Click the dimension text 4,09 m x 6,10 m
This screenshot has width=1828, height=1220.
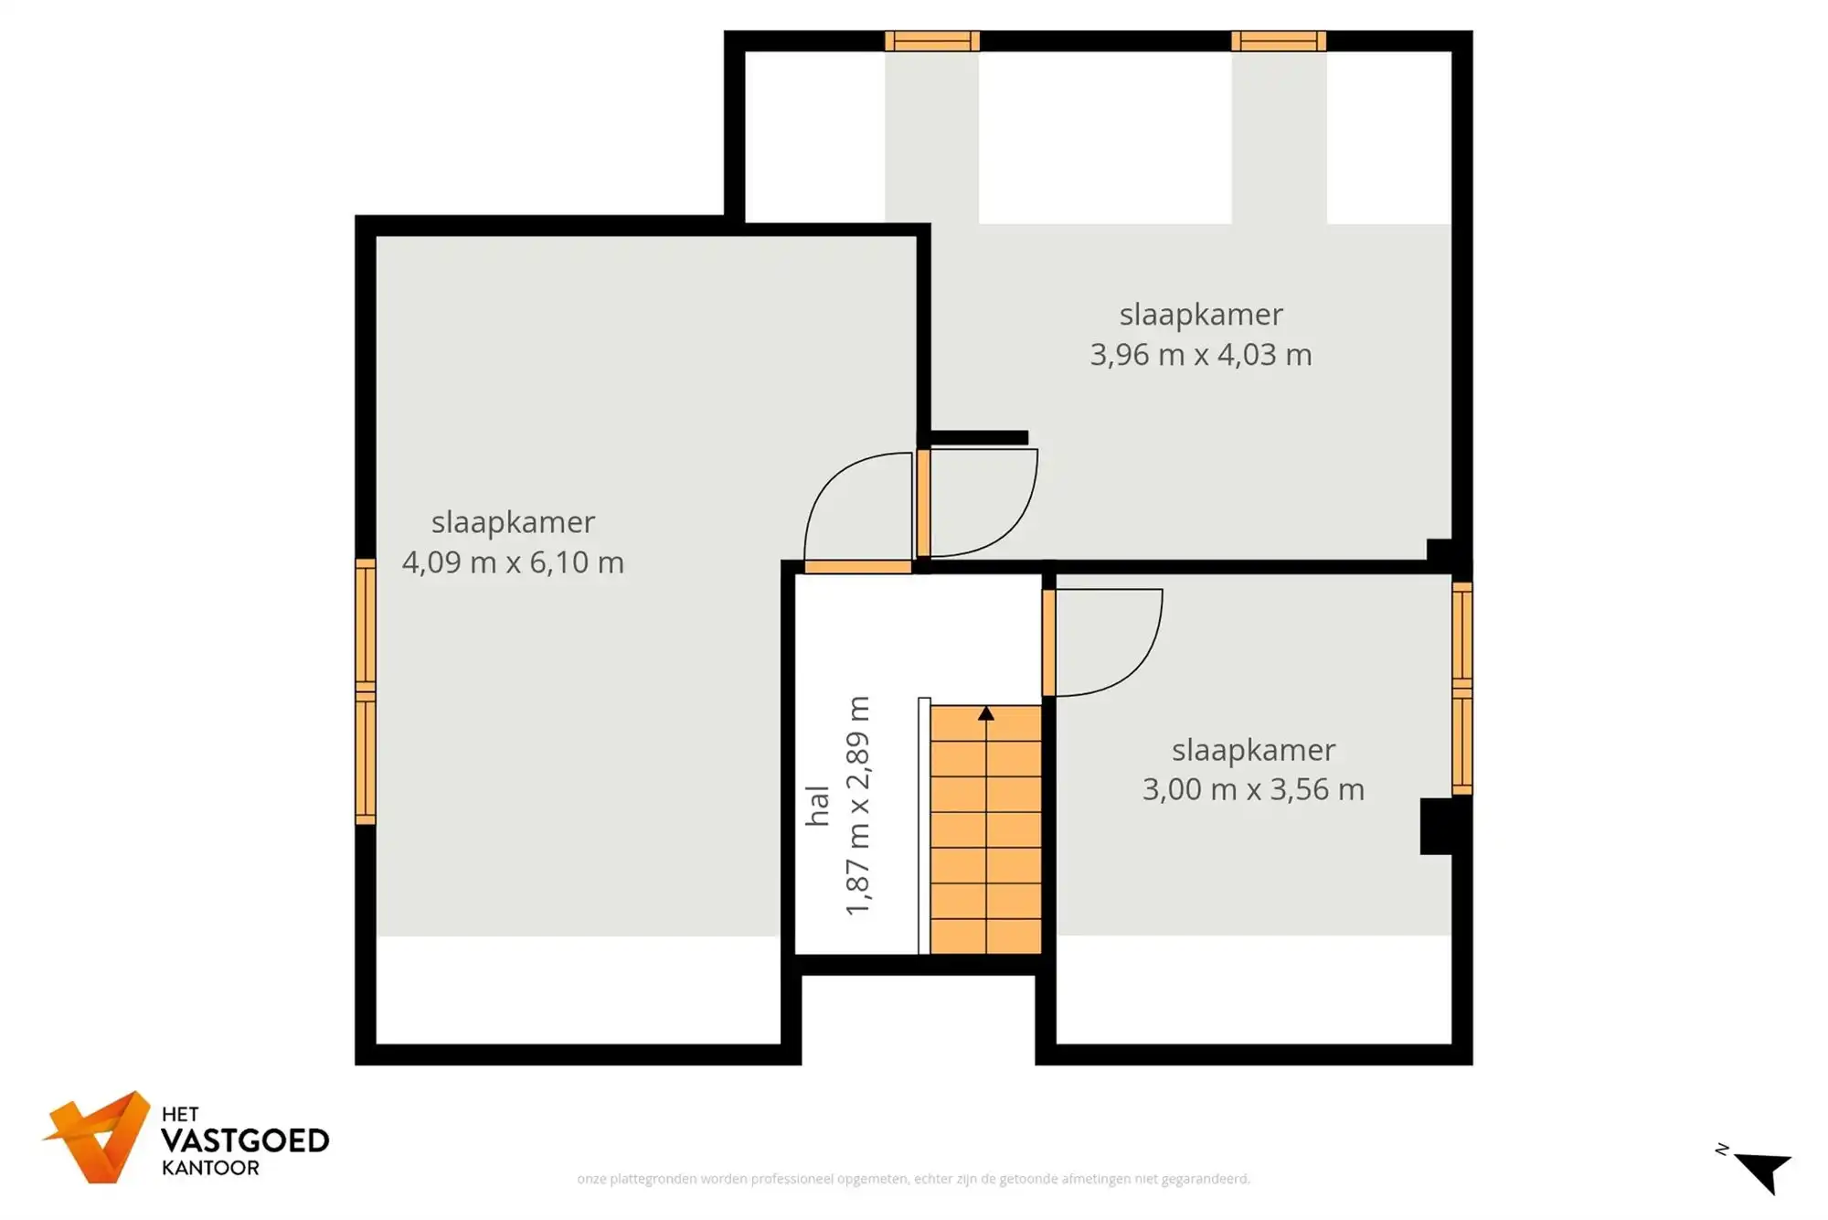(513, 562)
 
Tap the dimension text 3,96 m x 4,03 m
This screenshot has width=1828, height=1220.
(1200, 354)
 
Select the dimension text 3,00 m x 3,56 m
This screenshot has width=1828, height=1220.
(1252, 788)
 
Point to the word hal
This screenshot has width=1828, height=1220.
(817, 805)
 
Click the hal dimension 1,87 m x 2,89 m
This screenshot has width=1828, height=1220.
(857, 805)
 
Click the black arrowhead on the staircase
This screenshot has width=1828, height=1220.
(985, 713)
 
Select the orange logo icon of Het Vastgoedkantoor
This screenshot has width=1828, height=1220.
(99, 1137)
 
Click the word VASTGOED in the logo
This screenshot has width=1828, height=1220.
(244, 1140)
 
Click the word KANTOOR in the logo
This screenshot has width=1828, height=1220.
(210, 1168)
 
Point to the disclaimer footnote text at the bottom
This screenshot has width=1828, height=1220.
(913, 1179)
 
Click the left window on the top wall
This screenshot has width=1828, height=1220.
(931, 41)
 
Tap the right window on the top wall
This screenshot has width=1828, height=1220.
(1278, 41)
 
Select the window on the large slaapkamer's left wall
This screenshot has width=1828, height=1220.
(365, 691)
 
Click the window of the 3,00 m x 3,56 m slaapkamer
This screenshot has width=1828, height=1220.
(1461, 688)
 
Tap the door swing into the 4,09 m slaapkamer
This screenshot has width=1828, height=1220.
(855, 508)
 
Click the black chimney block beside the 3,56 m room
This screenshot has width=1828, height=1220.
(1437, 826)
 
